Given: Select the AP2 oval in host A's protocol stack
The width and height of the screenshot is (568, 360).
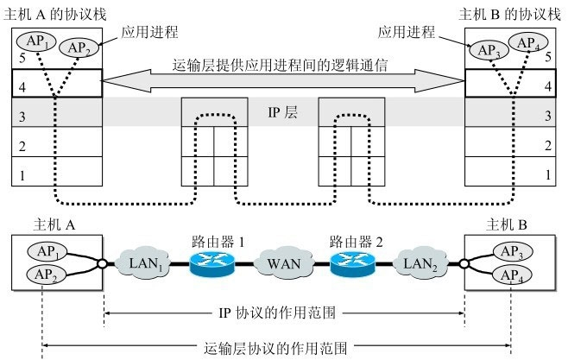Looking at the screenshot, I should (x=79, y=47).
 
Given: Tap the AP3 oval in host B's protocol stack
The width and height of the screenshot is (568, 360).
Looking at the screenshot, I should (x=489, y=48).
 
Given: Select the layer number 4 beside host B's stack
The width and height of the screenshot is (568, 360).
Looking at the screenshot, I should (x=546, y=86).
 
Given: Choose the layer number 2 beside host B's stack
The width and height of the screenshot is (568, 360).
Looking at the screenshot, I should (x=546, y=145).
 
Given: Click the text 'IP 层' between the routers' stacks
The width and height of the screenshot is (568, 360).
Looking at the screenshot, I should (x=283, y=112).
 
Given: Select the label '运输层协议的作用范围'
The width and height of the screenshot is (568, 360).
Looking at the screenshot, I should (x=278, y=348).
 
